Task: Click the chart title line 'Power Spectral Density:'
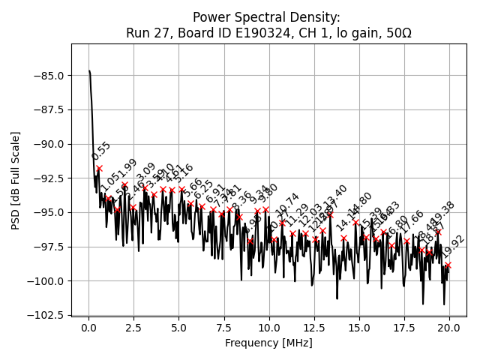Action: (x=266, y=17)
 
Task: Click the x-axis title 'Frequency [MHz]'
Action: (x=268, y=343)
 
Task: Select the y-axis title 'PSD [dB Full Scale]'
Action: (x=16, y=180)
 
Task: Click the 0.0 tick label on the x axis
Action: (x=88, y=328)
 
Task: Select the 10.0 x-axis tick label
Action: (x=269, y=328)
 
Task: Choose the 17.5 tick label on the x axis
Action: (x=404, y=328)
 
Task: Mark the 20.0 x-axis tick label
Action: (x=449, y=328)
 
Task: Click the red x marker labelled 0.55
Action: (x=99, y=169)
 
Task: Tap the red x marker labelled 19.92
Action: (x=448, y=265)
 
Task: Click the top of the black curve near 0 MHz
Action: (x=89, y=72)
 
